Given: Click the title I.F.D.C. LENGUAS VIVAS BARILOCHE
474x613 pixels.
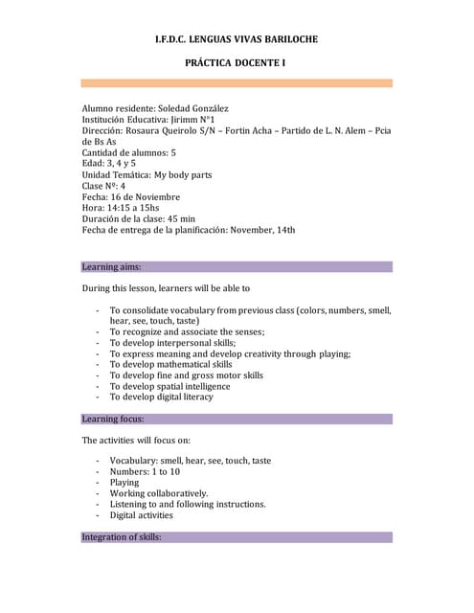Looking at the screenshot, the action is [236, 39].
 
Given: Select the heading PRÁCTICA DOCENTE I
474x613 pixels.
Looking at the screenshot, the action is [236, 62].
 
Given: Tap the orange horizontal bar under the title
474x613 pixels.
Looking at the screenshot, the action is [237, 83].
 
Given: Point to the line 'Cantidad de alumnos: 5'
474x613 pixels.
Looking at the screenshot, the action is [129, 153].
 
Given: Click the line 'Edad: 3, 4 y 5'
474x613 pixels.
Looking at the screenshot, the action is [109, 164].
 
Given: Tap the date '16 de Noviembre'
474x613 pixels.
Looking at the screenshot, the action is [147, 197].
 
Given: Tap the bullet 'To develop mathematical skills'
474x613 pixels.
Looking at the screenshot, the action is [170, 365].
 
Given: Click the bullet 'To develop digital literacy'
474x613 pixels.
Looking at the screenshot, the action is [161, 397].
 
